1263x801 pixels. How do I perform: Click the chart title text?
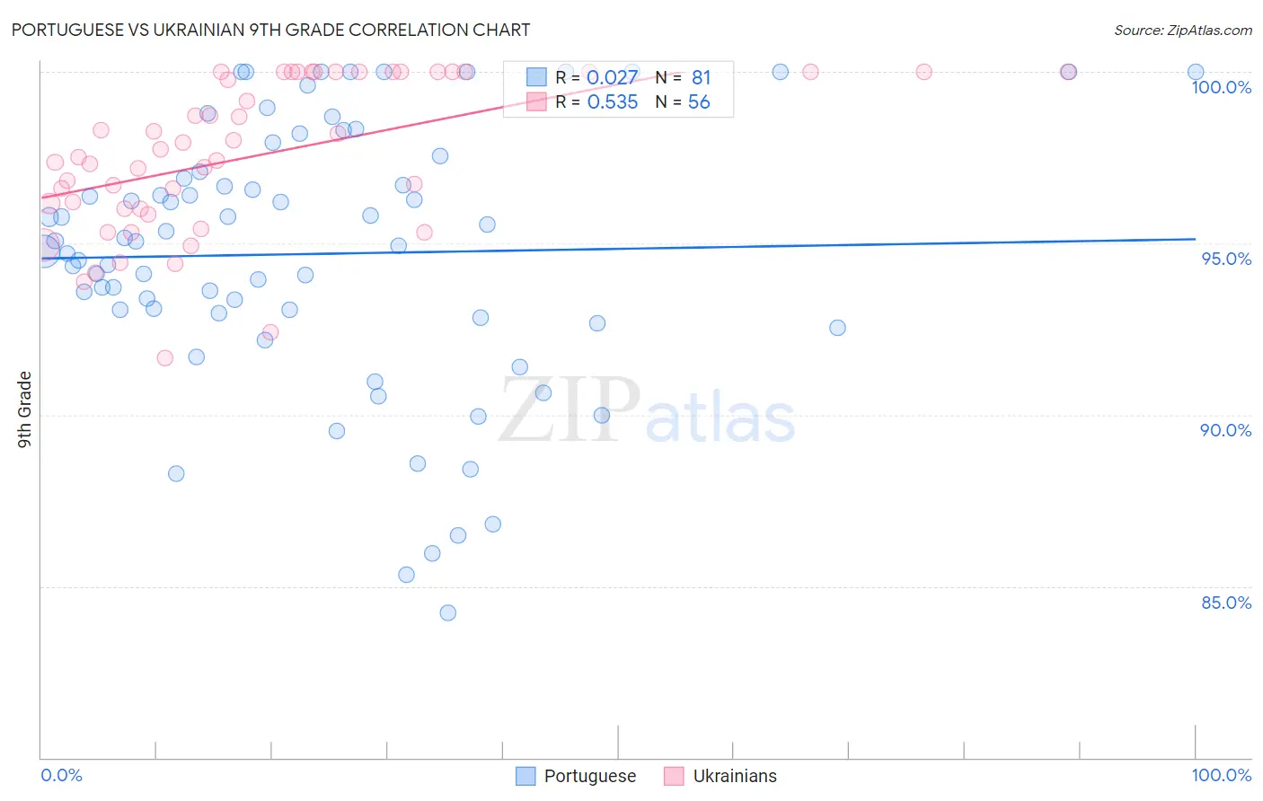[x=270, y=30]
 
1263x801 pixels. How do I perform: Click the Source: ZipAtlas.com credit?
[x=1182, y=30]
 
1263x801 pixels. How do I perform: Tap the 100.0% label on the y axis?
[x=1221, y=87]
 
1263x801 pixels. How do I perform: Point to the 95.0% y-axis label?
[x=1226, y=259]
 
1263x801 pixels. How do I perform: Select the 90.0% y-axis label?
[x=1226, y=430]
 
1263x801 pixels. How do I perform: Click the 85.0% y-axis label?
[x=1226, y=603]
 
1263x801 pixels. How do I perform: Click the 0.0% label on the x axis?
[x=61, y=775]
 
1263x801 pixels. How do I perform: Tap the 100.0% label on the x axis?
[x=1221, y=775]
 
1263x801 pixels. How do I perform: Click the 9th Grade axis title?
[x=24, y=409]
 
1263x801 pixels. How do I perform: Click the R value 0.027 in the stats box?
[x=612, y=78]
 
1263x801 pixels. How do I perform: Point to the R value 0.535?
[x=612, y=102]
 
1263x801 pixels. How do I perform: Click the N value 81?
[x=701, y=78]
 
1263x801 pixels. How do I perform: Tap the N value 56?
[x=699, y=102]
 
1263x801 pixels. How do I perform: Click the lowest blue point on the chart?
[x=447, y=612]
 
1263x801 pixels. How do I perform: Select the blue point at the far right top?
[x=1196, y=72]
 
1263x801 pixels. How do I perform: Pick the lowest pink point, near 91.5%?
[x=164, y=358]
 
